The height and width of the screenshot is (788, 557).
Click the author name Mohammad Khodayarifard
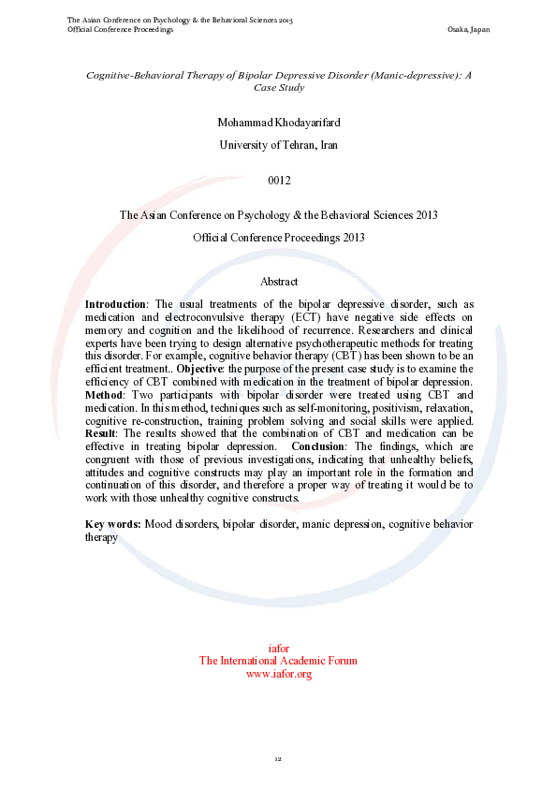pyautogui.click(x=278, y=123)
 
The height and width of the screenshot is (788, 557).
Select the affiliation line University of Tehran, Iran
pyautogui.click(x=278, y=145)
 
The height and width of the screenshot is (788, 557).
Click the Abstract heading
pyautogui.click(x=279, y=282)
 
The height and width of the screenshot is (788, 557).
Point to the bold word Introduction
pyautogui.click(x=115, y=304)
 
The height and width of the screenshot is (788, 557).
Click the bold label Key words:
pyautogui.click(x=112, y=524)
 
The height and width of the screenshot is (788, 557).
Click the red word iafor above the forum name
pyautogui.click(x=278, y=649)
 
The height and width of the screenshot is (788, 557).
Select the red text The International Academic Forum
pyautogui.click(x=278, y=661)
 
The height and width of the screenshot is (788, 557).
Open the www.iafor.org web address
pyautogui.click(x=278, y=674)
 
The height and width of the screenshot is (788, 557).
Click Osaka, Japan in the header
pyautogui.click(x=469, y=30)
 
